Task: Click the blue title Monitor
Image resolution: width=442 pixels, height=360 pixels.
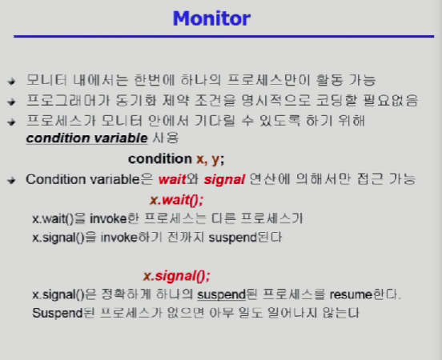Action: point(211,18)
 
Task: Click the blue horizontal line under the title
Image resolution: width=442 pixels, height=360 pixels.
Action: point(224,36)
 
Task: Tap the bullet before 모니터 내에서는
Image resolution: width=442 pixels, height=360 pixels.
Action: point(11,82)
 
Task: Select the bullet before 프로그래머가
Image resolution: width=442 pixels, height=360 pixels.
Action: point(11,102)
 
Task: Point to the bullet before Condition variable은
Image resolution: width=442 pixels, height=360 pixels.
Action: point(11,180)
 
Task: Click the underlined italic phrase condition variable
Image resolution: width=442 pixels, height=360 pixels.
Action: point(86,138)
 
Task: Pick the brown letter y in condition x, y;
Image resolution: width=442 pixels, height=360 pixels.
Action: point(215,160)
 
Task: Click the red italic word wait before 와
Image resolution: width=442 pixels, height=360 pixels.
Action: point(172,179)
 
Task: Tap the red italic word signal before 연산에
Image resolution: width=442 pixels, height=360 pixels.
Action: point(224,180)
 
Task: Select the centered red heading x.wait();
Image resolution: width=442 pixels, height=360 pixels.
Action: point(176,200)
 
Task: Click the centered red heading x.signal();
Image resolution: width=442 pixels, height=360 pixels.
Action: point(177,276)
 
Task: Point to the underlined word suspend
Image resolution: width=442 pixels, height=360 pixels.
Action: point(221,295)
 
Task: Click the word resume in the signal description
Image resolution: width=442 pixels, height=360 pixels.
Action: point(351,294)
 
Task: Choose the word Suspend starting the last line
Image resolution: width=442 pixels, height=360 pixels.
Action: point(58,314)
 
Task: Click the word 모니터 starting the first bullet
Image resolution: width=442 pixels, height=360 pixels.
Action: point(46,80)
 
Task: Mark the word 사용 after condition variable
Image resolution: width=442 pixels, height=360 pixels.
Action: point(166,138)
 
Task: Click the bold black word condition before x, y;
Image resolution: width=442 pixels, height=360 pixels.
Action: point(160,159)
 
